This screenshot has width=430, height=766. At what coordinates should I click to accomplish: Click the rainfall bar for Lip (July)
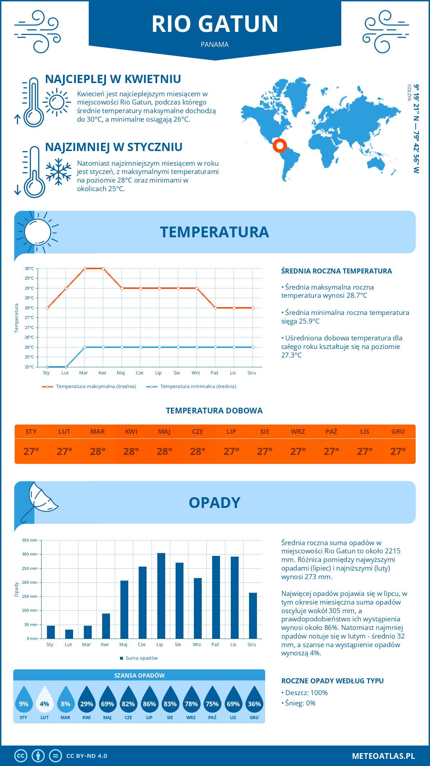tap(161, 596)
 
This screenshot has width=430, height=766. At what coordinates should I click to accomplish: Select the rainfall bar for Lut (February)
tap(69, 634)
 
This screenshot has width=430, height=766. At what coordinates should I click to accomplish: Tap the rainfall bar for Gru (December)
tap(253, 616)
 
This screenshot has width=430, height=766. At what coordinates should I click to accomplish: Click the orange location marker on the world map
tap(279, 146)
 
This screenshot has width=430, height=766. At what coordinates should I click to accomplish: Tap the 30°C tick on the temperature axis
tap(29, 268)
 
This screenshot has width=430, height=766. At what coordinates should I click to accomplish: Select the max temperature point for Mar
tap(85, 268)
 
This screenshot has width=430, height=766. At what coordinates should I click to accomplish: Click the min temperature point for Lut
tap(66, 367)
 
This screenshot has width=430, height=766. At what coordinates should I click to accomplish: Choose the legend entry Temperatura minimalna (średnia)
tap(198, 387)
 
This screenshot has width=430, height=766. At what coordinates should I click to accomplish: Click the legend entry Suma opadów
tap(141, 658)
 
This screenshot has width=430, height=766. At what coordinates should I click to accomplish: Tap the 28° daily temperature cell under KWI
tap(131, 451)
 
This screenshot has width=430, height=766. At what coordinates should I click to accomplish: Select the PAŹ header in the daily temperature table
tap(331, 431)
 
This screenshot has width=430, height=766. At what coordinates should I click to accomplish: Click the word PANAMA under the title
tap(215, 44)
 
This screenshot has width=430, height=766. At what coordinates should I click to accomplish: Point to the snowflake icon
tap(58, 172)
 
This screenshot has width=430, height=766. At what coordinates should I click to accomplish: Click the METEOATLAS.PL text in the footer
tap(383, 756)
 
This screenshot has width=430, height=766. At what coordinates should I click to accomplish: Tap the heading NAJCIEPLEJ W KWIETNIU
tap(113, 79)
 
